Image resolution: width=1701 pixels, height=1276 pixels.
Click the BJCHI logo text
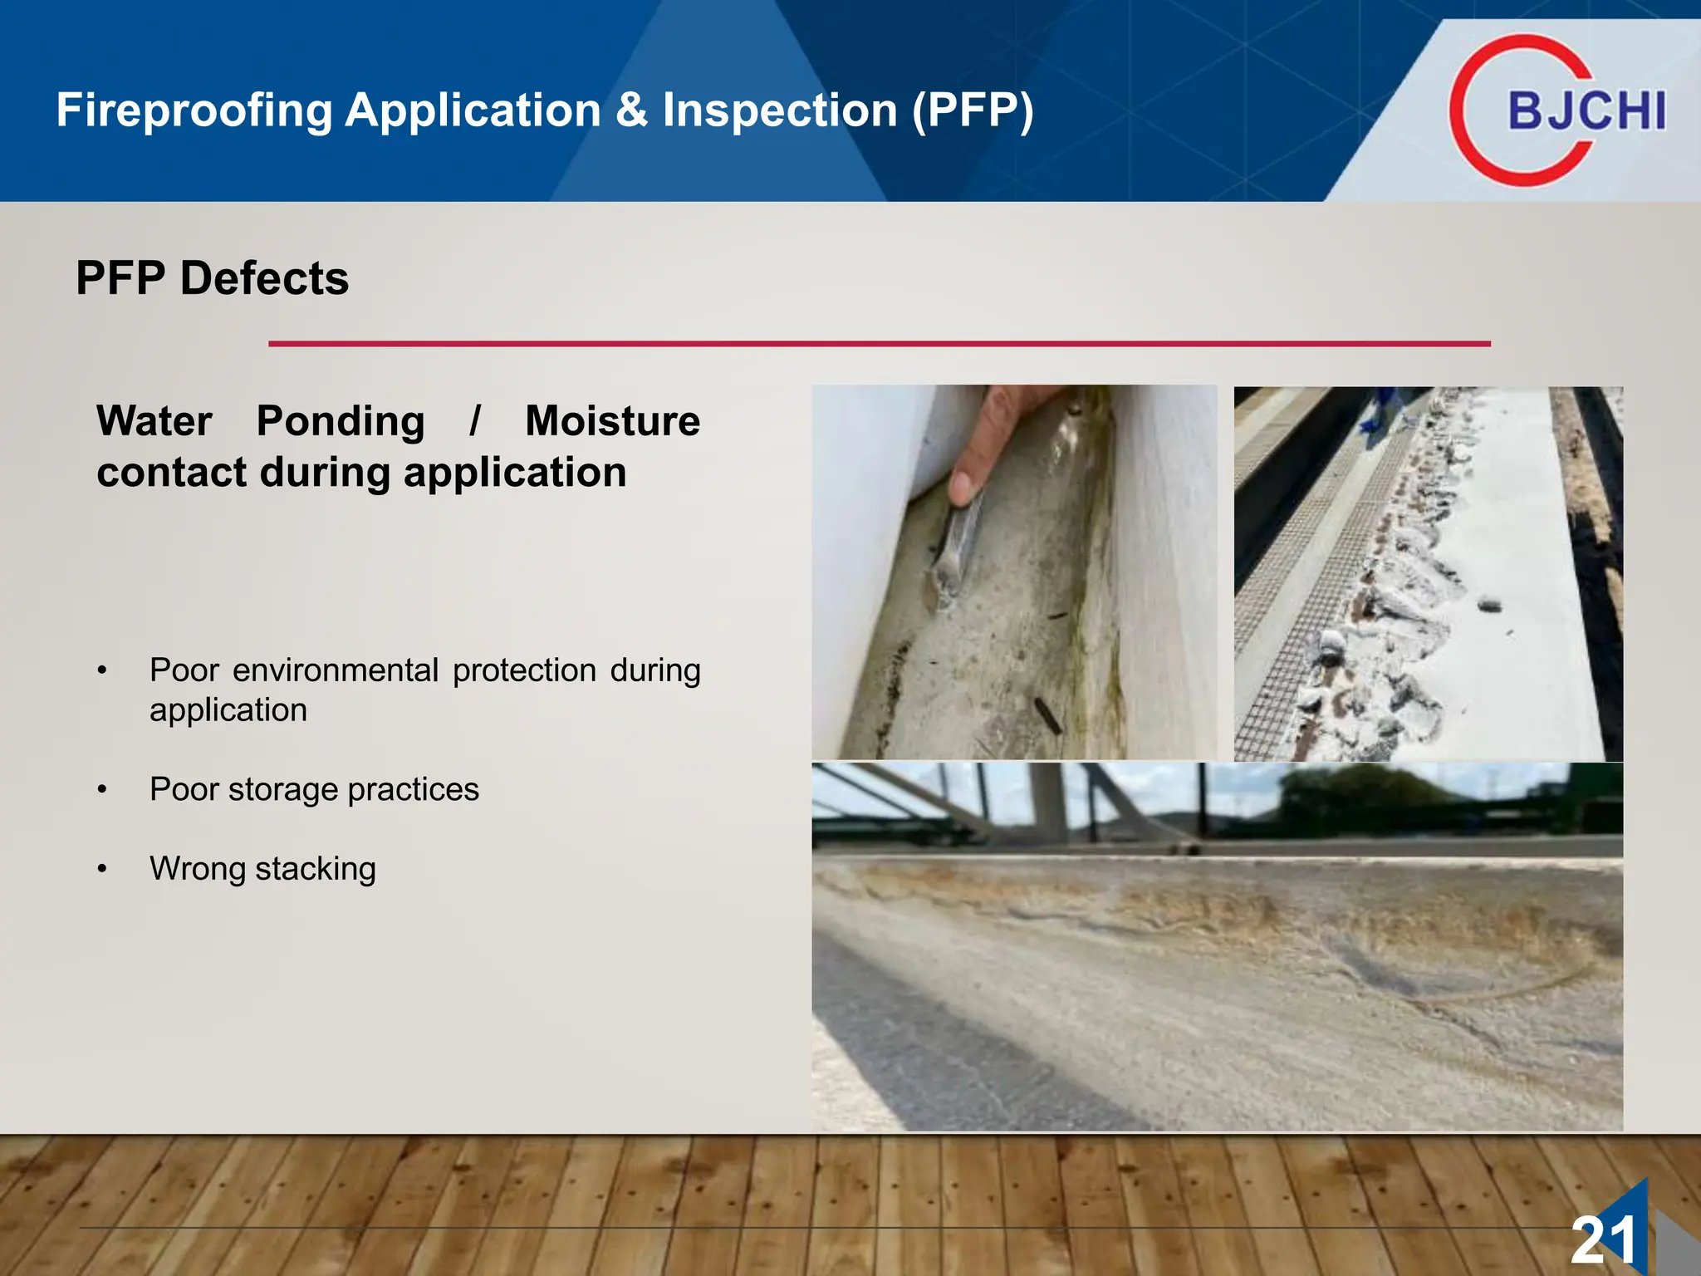1586,111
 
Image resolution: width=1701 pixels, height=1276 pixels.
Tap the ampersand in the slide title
631,110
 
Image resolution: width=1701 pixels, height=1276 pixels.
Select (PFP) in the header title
973,110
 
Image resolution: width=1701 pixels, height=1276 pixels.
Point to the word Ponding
341,421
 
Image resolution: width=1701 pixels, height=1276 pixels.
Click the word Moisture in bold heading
612,421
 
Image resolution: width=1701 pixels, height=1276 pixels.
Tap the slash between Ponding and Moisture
474,421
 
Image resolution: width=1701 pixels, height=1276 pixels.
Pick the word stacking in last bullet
316,869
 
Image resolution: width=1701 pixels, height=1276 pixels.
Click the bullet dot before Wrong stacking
102,869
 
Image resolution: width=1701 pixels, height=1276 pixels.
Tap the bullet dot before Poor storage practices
102,789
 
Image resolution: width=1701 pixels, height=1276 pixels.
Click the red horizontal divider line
879,343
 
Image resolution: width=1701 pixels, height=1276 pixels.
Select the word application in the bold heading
514,473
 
